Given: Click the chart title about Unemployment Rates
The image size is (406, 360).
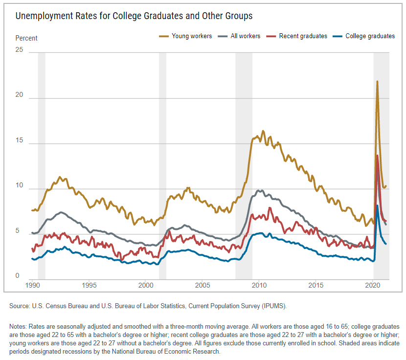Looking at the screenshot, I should (134, 16).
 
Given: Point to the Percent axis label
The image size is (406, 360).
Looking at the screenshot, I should (26, 38).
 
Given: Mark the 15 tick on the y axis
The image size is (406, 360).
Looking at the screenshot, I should (20, 140).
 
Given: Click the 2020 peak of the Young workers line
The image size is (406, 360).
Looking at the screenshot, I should (377, 82).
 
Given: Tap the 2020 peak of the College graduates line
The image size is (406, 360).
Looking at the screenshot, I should (377, 206).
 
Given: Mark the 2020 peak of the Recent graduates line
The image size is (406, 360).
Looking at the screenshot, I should (377, 156).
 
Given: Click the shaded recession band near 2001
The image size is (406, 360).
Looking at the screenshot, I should (162, 161).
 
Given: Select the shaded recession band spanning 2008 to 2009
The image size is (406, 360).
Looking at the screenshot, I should (244, 161).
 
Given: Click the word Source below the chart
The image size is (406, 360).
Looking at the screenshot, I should (20, 306).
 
